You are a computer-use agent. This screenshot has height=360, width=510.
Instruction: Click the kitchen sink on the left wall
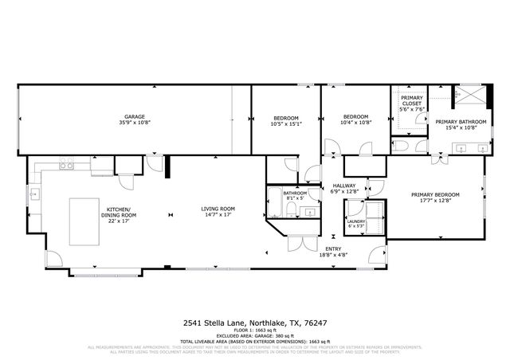(x=34, y=194)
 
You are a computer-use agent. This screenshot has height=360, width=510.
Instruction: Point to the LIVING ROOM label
(x=217, y=212)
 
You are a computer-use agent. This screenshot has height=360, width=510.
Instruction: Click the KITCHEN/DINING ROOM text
(x=119, y=213)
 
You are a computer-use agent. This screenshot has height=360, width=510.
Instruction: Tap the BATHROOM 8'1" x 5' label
(x=295, y=195)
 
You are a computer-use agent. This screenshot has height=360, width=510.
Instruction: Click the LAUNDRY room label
(x=355, y=224)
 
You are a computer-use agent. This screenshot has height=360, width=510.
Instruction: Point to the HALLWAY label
(x=344, y=188)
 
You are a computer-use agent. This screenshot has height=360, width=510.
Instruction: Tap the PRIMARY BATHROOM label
(x=455, y=124)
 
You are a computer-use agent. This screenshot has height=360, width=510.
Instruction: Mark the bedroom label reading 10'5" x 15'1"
(x=285, y=121)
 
